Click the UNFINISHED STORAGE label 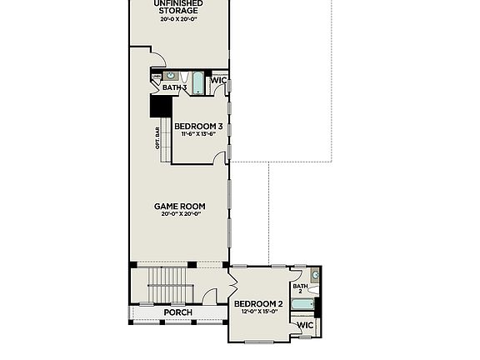[179, 7]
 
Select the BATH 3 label [174, 87]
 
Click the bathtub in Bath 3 [198, 83]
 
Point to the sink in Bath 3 [171, 76]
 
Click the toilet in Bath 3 [186, 77]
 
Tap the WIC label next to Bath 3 [219, 81]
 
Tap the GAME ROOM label [179, 206]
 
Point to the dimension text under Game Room [179, 214]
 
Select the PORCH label [177, 312]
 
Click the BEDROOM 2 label [258, 303]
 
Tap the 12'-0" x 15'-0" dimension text [258, 312]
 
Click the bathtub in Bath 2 [302, 305]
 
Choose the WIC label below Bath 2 [305, 324]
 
